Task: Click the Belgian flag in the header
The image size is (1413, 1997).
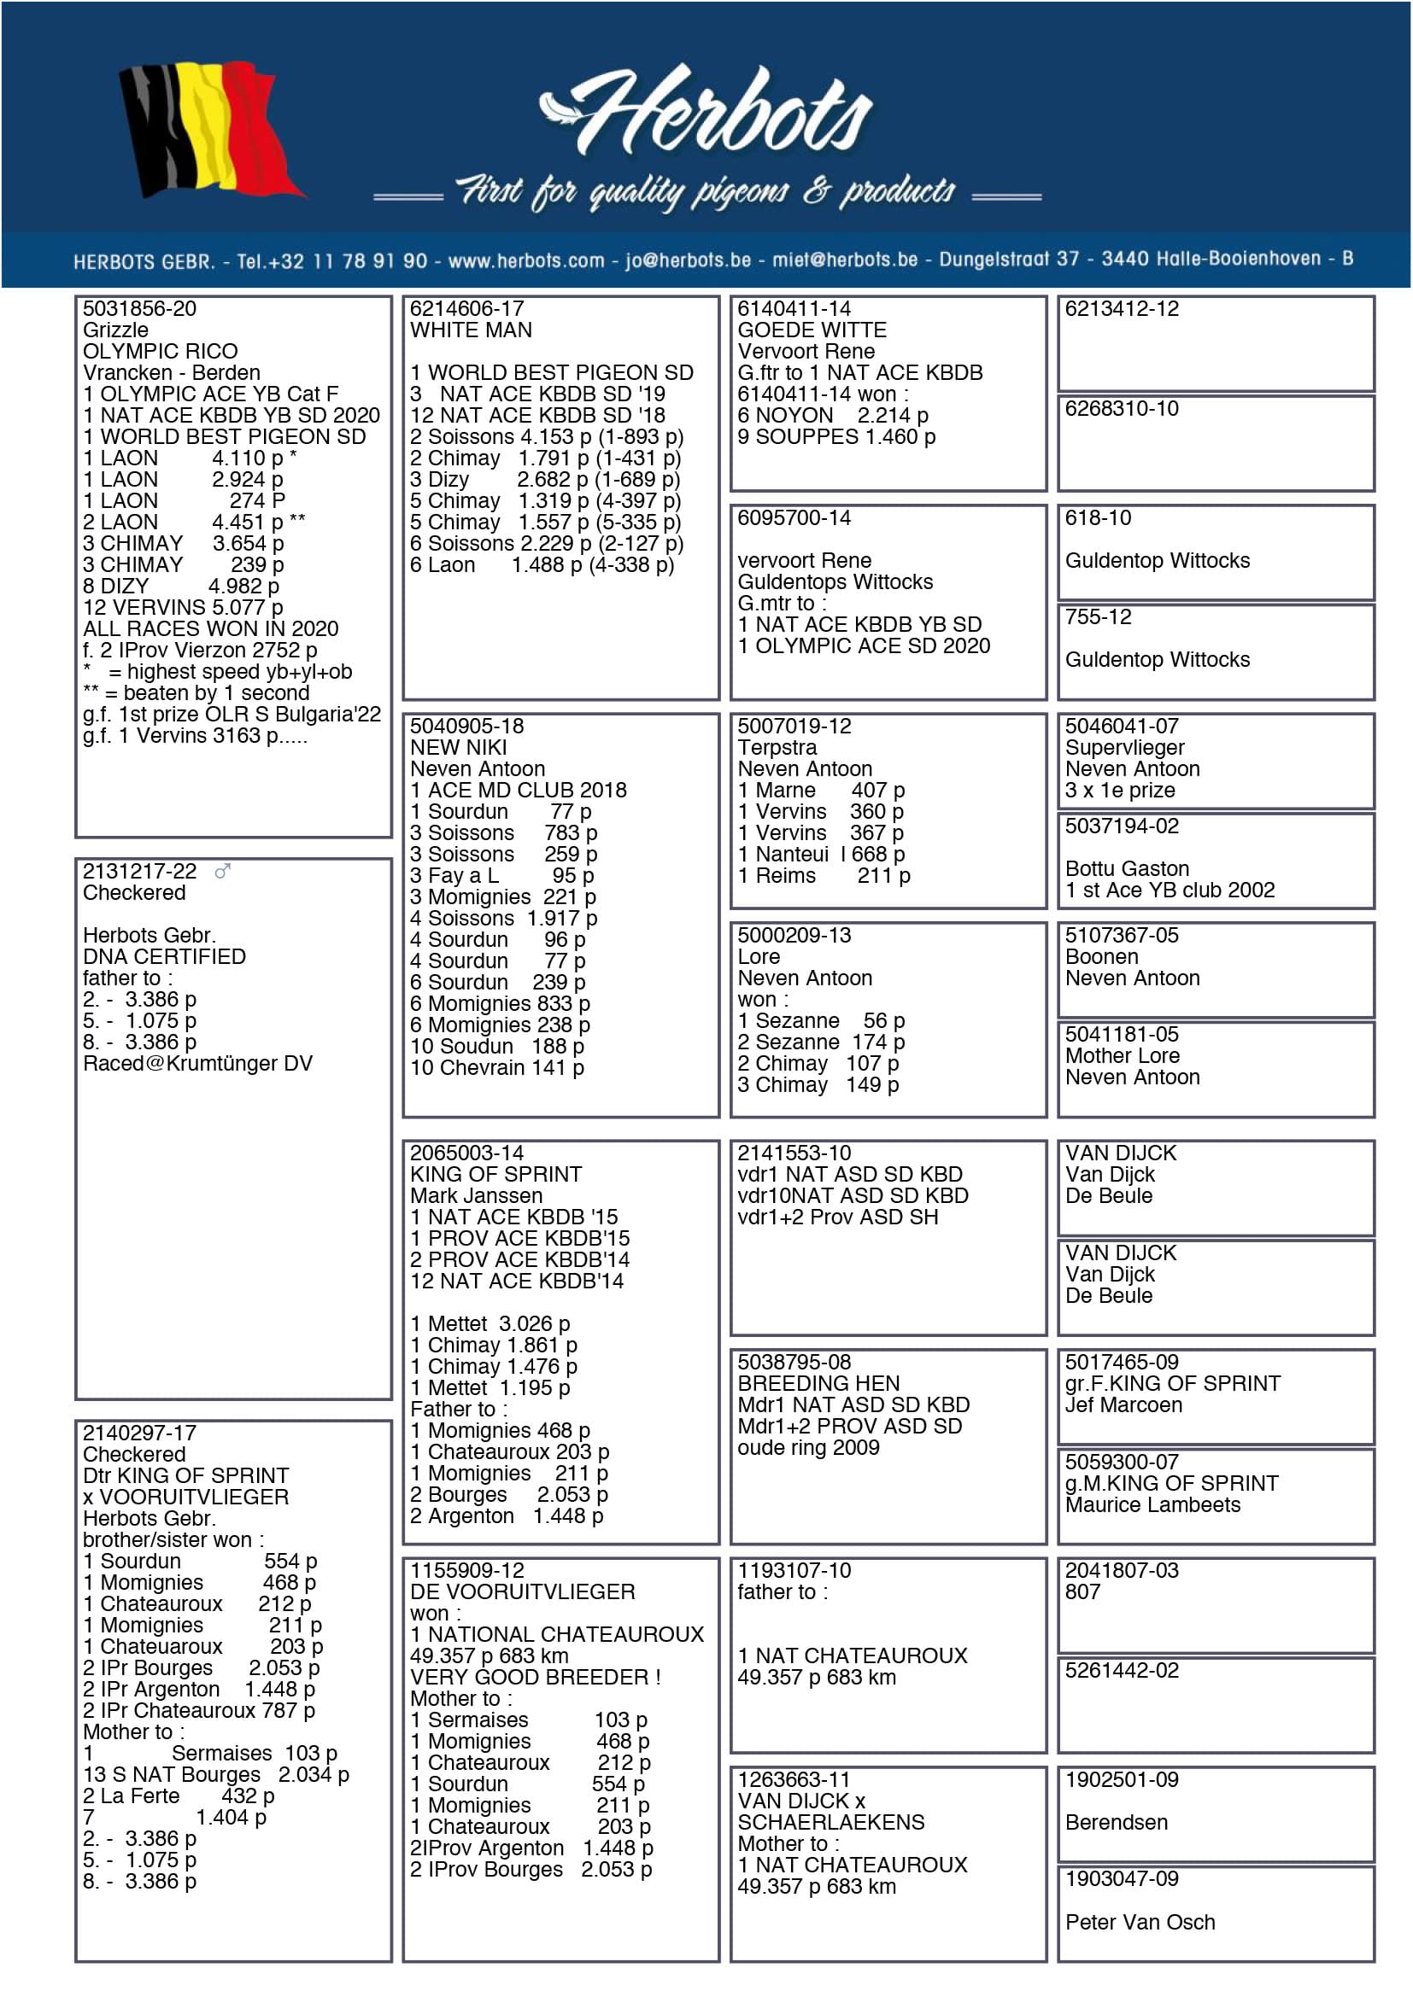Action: tap(210, 129)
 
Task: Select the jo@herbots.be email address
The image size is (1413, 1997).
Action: tap(688, 260)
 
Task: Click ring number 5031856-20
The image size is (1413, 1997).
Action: tap(139, 309)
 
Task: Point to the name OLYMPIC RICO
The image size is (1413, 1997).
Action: tap(160, 352)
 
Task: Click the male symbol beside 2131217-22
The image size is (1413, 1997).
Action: tap(223, 871)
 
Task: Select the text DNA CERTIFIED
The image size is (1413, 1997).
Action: tap(163, 957)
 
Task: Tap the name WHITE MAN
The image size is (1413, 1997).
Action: tap(471, 330)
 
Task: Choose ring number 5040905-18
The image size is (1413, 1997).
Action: tap(467, 727)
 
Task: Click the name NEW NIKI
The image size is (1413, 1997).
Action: tap(458, 748)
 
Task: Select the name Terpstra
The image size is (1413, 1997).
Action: tap(777, 748)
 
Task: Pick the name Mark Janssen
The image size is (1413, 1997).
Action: tap(476, 1196)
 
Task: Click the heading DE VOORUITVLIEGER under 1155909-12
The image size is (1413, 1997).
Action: tap(522, 1591)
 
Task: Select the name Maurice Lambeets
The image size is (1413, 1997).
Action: tap(1152, 1504)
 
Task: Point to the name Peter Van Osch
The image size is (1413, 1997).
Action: tap(1140, 1922)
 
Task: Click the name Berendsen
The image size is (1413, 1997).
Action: tap(1117, 1822)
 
